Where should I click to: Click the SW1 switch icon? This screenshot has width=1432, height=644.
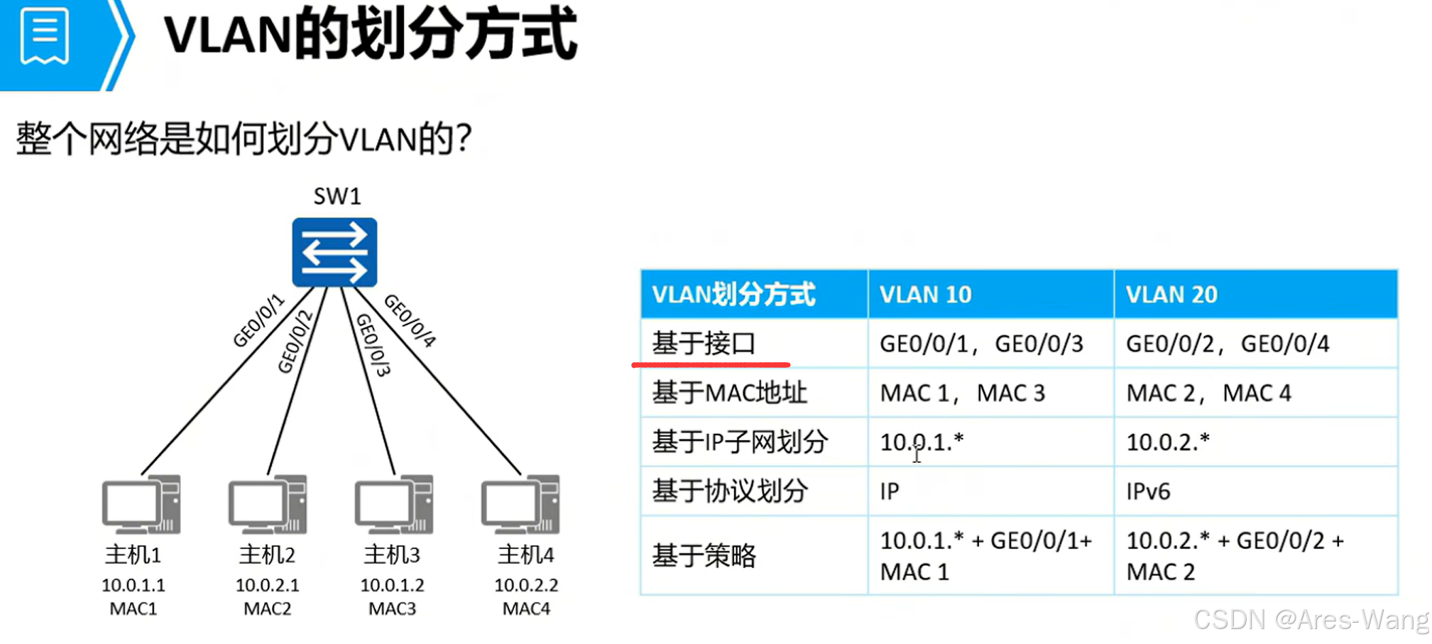[x=334, y=252]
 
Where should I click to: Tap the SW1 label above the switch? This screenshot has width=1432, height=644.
[x=337, y=196]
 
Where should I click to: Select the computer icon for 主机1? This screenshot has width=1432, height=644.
[x=141, y=504]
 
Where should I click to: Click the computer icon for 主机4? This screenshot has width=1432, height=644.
[x=520, y=504]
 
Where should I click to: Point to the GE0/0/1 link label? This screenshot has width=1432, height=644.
[x=258, y=321]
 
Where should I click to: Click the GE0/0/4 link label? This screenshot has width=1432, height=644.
[x=410, y=320]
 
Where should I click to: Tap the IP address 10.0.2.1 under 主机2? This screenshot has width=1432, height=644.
[x=267, y=585]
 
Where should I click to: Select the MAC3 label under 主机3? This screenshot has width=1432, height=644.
[x=392, y=608]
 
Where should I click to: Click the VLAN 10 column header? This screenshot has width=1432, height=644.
[x=925, y=294]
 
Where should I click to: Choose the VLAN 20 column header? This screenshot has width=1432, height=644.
[x=1171, y=294]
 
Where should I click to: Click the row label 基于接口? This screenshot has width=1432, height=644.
[x=704, y=344]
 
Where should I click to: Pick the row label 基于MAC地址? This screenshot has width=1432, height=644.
[x=729, y=393]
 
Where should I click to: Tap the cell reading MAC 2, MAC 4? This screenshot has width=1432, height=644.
[x=1208, y=393]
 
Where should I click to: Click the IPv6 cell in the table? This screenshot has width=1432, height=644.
[x=1148, y=491]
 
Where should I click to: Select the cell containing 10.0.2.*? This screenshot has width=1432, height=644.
[x=1168, y=442]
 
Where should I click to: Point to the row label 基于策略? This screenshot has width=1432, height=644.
[x=704, y=555]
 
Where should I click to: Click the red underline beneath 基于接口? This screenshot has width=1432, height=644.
[x=711, y=365]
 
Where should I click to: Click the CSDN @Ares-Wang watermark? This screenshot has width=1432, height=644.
[x=1311, y=620]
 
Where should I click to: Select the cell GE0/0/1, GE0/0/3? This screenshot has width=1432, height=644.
[x=981, y=344]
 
